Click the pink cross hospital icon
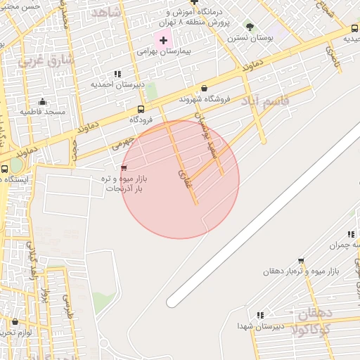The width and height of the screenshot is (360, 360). (164, 40)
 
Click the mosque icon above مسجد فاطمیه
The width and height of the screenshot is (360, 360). (43, 101)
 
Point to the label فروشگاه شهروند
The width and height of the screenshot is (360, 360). (204, 99)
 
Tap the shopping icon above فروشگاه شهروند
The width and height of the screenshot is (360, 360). (204, 89)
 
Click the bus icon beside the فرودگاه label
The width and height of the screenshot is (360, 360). (141, 109)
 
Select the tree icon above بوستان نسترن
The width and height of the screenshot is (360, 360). (250, 27)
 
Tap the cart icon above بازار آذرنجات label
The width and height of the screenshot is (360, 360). (124, 168)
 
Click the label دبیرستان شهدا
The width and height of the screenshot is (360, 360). (259, 326)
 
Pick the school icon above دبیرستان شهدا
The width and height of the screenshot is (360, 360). (260, 315)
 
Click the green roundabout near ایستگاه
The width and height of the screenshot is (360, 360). (15, 165)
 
